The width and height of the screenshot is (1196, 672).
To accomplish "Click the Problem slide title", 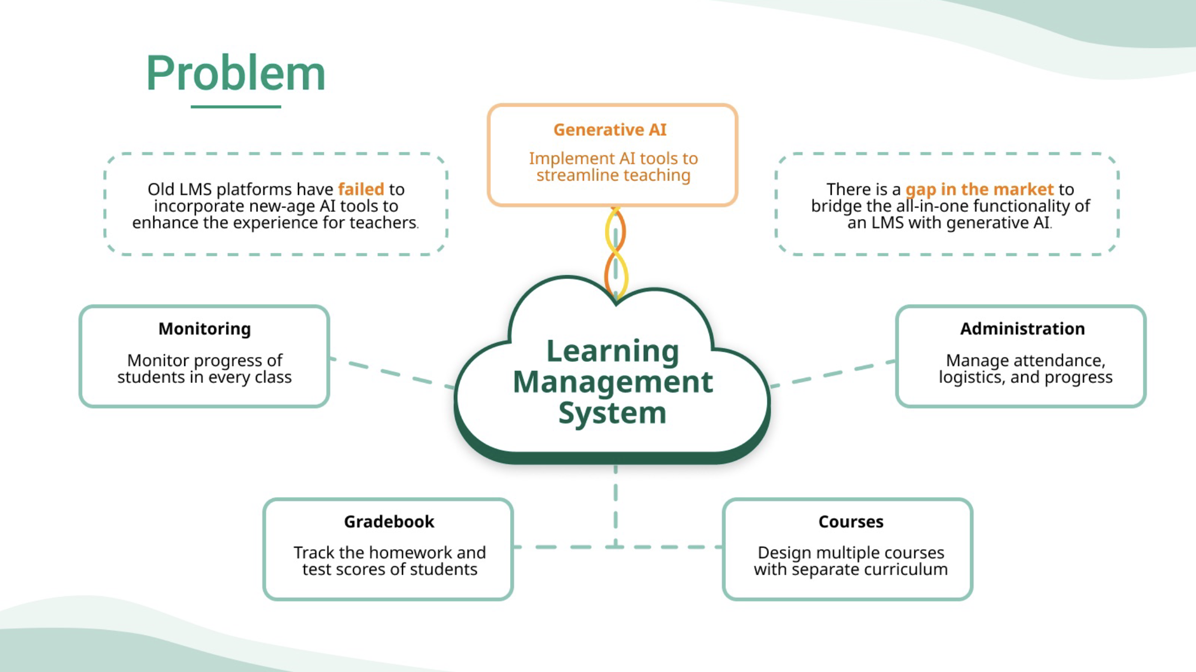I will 235,73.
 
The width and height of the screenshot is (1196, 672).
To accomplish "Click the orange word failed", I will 361,189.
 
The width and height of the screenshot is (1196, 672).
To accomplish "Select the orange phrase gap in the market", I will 979,189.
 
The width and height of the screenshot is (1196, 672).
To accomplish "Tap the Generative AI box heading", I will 610,130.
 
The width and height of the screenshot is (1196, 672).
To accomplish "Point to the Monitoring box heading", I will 204,329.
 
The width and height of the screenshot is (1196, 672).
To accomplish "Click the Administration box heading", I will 1022,329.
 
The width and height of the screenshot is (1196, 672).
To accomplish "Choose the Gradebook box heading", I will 389,521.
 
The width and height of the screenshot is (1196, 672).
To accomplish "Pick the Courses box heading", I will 851,521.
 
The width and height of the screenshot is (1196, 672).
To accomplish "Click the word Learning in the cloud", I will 613,351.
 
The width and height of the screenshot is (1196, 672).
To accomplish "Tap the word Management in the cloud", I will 613,382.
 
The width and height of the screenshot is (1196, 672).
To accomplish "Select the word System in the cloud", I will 612,413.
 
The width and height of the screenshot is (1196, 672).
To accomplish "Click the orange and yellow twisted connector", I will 615,252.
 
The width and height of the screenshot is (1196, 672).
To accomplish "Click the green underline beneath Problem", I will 235,107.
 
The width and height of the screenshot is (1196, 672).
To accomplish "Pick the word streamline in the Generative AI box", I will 575,175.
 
